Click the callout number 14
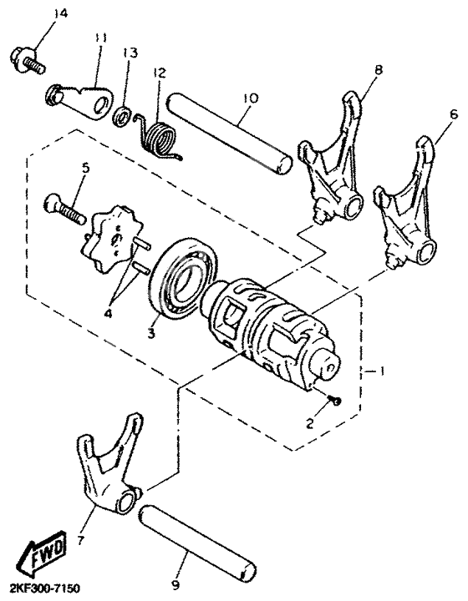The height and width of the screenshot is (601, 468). [x=35, y=14]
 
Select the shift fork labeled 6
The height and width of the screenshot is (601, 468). [x=407, y=200]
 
